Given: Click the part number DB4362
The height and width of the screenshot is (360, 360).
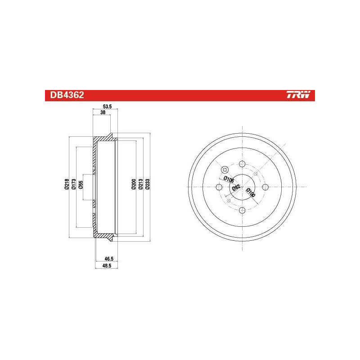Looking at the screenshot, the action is coord(67,95).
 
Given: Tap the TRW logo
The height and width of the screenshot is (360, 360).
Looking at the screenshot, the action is coord(298,94).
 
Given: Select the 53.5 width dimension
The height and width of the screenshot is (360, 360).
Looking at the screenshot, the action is coord(107,107).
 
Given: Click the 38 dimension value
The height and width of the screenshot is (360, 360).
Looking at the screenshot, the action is coord(103,112).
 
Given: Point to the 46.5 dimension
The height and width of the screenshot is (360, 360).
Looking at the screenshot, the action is coord(109,259).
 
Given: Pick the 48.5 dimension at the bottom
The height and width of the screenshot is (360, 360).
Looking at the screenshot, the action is coord(107,265).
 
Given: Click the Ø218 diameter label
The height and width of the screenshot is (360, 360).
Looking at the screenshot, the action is coord(67,184).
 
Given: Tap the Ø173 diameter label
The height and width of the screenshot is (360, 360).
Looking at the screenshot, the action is coord(73,184).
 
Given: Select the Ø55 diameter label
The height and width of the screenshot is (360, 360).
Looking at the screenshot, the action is coord(81,185).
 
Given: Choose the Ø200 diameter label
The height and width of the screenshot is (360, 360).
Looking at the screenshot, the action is coord(134,184).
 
